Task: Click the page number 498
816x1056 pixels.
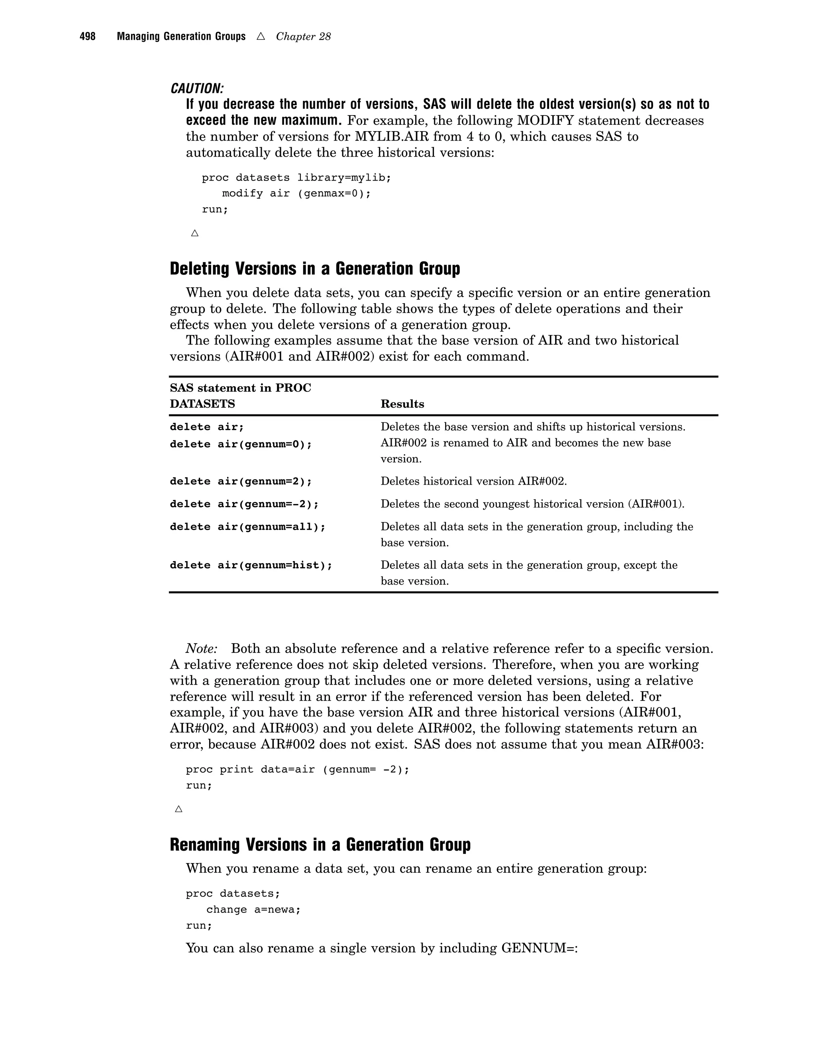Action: pos(88,37)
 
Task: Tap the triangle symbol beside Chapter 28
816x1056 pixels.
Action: pos(261,36)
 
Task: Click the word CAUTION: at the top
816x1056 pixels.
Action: pos(197,88)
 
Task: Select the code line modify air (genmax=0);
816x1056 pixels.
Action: pos(296,193)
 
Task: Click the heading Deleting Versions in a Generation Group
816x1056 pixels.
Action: pos(315,269)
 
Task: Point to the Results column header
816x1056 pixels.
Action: pos(402,404)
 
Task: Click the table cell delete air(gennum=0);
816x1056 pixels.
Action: pos(241,444)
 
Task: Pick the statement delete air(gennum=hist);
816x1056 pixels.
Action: pos(251,565)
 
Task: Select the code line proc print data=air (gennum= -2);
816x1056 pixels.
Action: pos(297,769)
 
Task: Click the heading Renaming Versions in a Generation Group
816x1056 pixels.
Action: pos(320,845)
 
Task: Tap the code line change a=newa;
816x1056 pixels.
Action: pos(253,909)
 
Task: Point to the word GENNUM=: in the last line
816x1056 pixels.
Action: pos(539,948)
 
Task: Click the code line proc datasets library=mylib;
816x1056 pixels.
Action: pos(296,177)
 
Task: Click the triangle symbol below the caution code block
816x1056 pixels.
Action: pos(195,233)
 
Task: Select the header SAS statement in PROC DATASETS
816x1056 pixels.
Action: pos(240,396)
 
